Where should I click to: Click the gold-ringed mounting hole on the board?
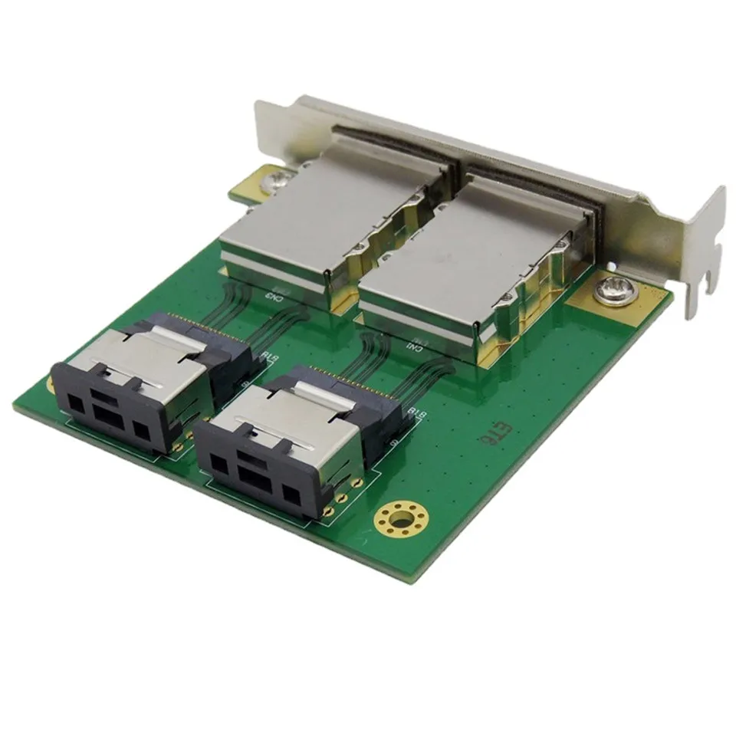pos(398,521)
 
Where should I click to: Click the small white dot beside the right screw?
pos(611,265)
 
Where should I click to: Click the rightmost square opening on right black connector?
pos(291,492)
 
